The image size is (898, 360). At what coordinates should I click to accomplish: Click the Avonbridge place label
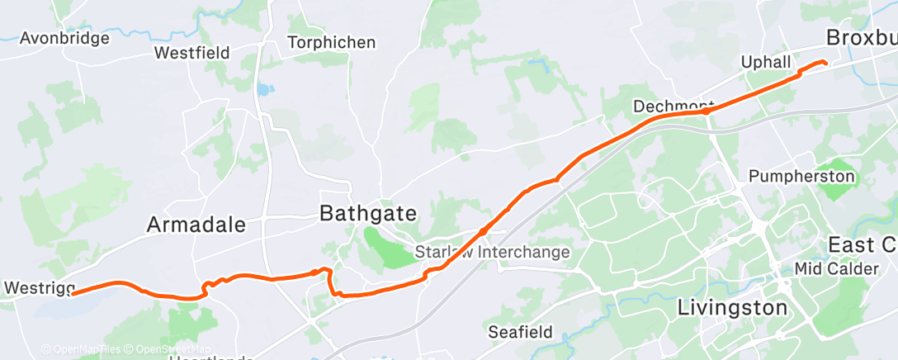64,38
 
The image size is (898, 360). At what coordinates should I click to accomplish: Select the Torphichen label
331,42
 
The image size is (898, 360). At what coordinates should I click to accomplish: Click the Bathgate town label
367,214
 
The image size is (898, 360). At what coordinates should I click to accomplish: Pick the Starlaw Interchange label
493,252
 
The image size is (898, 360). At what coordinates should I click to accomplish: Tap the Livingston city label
732,308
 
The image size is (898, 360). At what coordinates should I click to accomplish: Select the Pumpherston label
801,176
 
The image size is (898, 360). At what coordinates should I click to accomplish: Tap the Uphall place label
766,63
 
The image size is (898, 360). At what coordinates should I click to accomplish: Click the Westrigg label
39,288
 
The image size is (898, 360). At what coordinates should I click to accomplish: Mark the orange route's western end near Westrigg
73,292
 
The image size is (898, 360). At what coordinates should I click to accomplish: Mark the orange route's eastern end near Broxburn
825,63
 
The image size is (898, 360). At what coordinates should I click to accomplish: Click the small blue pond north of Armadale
263,89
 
